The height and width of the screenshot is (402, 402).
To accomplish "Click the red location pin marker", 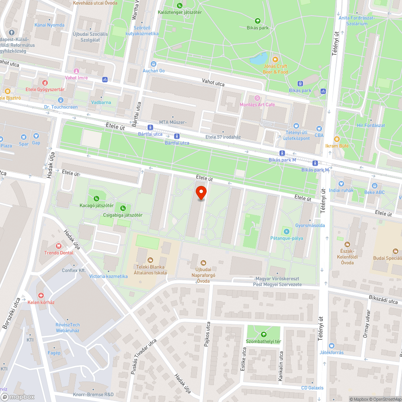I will (201, 192).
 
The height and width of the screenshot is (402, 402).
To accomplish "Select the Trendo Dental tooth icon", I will (59, 246).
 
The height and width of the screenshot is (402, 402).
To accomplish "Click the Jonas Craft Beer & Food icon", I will (275, 59).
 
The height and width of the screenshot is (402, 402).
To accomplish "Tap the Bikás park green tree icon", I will (258, 21).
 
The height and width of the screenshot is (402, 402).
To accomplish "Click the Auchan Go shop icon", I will (154, 64).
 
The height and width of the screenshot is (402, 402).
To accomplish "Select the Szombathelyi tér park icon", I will (264, 334).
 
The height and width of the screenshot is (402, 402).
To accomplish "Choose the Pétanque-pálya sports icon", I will (286, 232).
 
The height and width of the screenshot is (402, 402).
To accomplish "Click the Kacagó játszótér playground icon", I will (96, 198).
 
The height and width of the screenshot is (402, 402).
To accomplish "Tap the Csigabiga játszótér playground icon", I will (123, 208).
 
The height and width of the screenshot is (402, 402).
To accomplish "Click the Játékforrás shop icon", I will (331, 346).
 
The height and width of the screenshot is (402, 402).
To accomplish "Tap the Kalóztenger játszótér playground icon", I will (179, 5).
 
